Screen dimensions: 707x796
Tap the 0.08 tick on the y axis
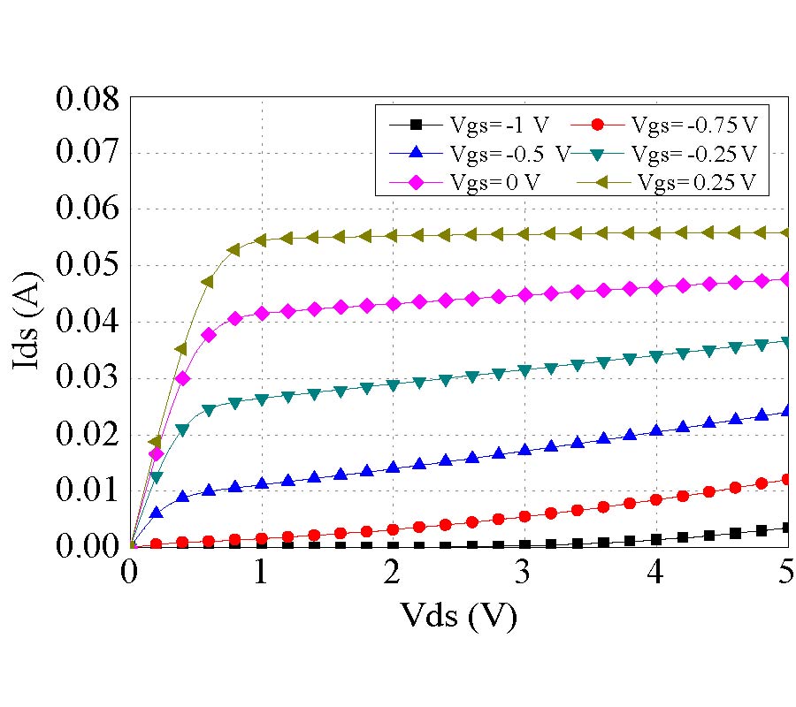[x=87, y=97]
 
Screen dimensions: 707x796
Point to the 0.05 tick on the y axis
[x=87, y=266]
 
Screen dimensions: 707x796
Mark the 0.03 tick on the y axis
[x=87, y=378]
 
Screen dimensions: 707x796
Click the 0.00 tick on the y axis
[x=87, y=547]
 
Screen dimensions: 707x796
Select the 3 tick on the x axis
[x=524, y=574]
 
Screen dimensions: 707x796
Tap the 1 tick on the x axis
[x=262, y=574]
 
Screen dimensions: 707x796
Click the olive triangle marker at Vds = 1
[x=261, y=239]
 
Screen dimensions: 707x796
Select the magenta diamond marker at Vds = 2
[x=394, y=303]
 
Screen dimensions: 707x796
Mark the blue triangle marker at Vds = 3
[x=524, y=450]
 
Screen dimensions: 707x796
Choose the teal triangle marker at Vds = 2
[x=394, y=385]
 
